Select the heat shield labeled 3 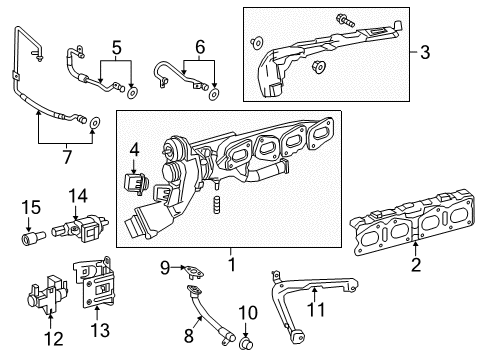tap(330, 56)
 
